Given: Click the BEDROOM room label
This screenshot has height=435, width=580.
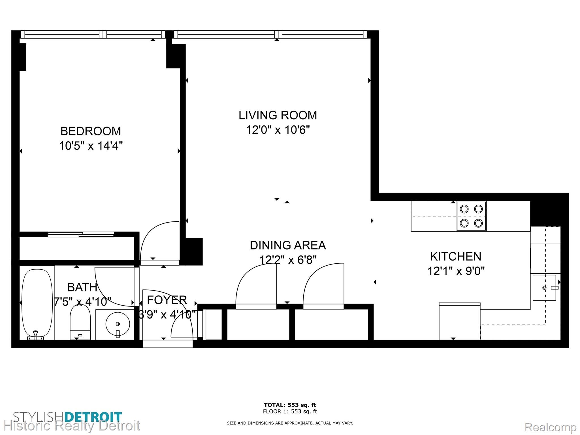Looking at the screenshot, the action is (91, 131).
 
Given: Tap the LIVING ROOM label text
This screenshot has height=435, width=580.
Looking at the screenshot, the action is (278, 115).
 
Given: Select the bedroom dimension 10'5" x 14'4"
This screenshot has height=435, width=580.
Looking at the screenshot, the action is (91, 146).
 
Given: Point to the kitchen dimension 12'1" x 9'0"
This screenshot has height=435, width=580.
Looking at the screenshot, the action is (456, 271).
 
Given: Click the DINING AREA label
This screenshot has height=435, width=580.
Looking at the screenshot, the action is (288, 245).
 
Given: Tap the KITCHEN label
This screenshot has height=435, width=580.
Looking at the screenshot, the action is (456, 257).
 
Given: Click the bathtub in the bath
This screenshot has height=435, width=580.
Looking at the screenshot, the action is (37, 303).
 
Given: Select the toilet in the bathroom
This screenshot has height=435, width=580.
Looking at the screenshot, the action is (80, 322).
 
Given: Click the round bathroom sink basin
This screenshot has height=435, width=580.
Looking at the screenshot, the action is (118, 323).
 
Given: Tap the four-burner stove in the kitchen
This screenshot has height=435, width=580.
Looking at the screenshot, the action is (471, 216).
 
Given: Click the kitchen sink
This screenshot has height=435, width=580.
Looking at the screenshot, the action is (544, 287).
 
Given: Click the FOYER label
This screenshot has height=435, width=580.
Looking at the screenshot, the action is (167, 300).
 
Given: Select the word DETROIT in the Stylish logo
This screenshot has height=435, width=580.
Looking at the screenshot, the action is (93, 417).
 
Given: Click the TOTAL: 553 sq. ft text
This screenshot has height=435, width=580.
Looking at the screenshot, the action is (290, 405).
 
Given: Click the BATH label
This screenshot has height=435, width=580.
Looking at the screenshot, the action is (82, 287).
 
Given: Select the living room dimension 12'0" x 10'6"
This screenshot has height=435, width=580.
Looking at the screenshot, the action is (278, 130).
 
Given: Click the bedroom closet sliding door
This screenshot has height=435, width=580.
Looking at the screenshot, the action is (81, 234).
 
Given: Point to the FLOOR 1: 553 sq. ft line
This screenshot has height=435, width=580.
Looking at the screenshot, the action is (290, 411).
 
